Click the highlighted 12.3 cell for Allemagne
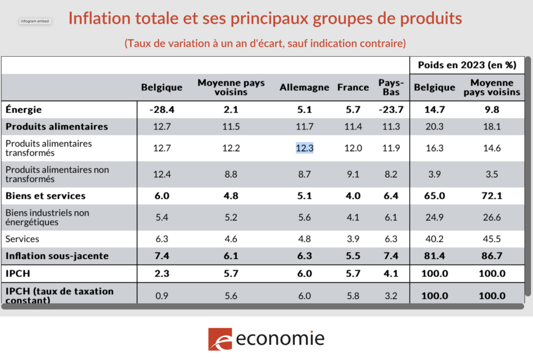pos(304,148)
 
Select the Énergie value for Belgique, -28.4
pos(162,110)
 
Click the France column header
pos(353,87)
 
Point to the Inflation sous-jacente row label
pos(57,256)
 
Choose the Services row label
pos(22,239)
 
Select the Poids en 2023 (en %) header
pos(467,66)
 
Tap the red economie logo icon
pos(220,339)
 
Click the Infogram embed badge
pos(34,22)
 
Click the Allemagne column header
pos(304,87)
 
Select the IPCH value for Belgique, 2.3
pos(162,274)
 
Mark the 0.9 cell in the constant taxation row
pos(162,296)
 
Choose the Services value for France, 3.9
pos(353,239)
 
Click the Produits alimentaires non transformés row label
pos(57,174)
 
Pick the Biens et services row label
pos(46,196)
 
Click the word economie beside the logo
pos(280,339)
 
